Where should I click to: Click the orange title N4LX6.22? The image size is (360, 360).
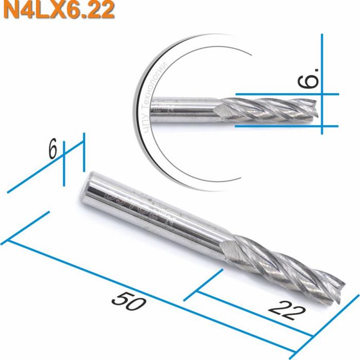(x=58, y=10)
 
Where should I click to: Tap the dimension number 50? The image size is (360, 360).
(x=128, y=300)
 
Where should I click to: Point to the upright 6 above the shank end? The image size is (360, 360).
(x=52, y=150)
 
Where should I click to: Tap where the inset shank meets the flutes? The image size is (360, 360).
(x=220, y=110)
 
